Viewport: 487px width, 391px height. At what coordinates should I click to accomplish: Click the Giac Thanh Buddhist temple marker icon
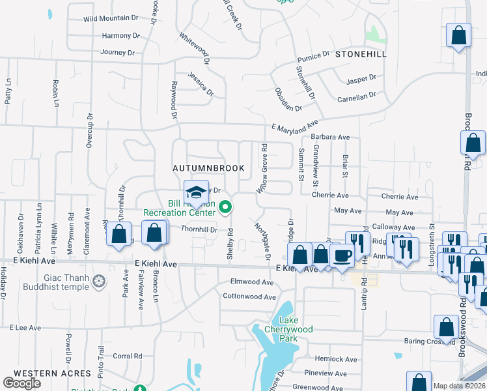(x=99, y=282)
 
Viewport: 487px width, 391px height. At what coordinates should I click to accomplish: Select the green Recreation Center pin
(x=226, y=209)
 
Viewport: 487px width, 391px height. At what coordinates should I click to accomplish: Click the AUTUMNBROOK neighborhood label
(x=208, y=168)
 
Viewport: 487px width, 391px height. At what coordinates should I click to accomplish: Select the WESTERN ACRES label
(x=52, y=373)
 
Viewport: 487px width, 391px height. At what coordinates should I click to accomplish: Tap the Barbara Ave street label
(x=330, y=138)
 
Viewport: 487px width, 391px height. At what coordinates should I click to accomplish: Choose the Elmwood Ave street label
(x=253, y=282)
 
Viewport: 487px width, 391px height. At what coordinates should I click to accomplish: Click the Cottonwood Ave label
(x=249, y=297)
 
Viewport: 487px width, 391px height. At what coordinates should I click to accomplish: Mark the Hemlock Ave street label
(x=336, y=359)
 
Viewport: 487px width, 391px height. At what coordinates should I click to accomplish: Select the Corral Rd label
(x=128, y=356)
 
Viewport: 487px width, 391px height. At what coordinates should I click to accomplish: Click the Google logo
(x=22, y=383)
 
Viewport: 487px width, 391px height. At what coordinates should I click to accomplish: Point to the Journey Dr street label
(x=118, y=52)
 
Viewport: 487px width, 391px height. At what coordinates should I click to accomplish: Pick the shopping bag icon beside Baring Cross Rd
(x=447, y=326)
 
